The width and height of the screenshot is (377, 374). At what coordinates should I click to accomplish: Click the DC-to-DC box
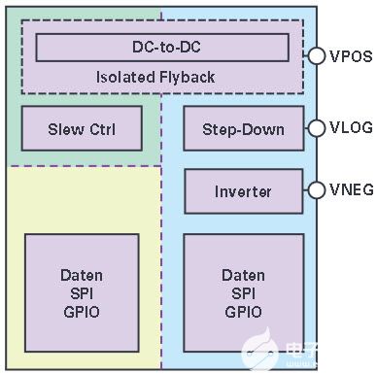pos(162,48)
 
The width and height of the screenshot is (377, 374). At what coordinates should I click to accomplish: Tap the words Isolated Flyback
pos(155,78)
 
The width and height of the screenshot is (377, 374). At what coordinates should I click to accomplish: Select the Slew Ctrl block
pos(82,128)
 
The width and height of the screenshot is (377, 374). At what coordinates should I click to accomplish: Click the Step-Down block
pos(244,128)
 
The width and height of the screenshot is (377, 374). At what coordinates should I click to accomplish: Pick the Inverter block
pos(244,191)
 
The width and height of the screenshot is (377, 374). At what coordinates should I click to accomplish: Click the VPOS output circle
pos(316,55)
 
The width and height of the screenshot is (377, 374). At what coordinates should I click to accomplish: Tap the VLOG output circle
pos(316,128)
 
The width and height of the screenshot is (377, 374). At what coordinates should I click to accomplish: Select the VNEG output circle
pos(316,189)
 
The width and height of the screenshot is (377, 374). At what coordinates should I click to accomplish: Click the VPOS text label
pos(351,56)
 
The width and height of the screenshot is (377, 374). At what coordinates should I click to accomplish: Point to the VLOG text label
pos(351,127)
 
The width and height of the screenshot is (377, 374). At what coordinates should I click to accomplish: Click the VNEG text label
pos(352,189)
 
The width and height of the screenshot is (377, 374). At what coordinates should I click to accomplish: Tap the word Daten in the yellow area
pos(82,275)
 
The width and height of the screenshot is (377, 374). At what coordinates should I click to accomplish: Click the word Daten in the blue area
pos(243,275)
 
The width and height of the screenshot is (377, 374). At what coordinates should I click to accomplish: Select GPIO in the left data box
pos(82,312)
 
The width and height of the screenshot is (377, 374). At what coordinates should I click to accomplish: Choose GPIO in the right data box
pos(243,312)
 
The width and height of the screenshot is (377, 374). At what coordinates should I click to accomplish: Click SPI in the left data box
pos(82,293)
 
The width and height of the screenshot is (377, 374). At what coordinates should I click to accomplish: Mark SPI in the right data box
pos(243,293)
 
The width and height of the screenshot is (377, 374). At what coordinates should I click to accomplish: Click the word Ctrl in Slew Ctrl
pos(102,129)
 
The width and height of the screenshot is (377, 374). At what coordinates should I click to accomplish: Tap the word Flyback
pos(187,78)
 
